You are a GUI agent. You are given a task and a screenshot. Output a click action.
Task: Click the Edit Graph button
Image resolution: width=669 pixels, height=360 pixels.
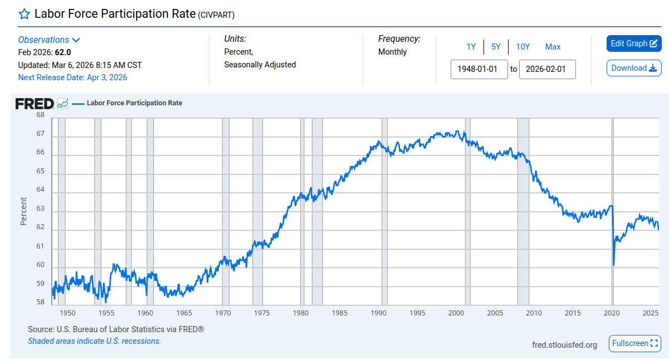[633, 43]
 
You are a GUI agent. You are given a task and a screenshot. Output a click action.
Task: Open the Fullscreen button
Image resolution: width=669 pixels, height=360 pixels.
[635, 343]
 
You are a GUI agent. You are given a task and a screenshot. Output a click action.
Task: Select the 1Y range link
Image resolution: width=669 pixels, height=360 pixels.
[471, 47]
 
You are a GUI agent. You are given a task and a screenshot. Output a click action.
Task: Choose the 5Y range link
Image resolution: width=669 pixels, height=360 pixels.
[496, 47]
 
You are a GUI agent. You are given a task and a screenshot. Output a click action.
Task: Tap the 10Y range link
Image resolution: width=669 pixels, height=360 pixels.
[522, 47]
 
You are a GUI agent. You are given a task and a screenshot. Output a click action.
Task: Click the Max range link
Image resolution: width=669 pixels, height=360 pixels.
[553, 47]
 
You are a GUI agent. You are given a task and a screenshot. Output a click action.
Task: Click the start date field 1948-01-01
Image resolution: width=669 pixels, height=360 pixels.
[478, 69]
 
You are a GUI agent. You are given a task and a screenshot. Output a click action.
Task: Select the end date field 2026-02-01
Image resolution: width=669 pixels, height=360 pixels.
[547, 69]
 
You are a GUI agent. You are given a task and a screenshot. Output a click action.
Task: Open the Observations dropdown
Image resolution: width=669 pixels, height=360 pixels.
[49, 40]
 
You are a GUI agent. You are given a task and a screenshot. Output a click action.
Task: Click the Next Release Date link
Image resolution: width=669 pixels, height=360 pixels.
[72, 77]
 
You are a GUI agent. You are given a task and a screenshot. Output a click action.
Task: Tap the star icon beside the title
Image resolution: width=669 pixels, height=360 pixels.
[24, 14]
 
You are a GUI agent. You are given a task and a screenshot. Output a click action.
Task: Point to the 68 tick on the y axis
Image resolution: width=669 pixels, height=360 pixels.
[40, 115]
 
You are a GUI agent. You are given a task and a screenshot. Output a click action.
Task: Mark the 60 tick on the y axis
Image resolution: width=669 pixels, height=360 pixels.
[40, 265]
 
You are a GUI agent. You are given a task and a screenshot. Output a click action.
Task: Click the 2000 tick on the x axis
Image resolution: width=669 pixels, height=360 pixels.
[456, 313]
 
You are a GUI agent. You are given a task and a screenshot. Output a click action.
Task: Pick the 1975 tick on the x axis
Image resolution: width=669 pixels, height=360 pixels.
[262, 313]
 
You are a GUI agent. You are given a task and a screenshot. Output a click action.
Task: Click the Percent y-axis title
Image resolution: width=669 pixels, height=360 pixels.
[23, 211]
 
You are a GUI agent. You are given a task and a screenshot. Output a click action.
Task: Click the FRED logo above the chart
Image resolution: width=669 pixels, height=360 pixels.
[35, 104]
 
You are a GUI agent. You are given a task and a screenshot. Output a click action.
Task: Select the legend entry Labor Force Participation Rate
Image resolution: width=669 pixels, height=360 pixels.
[134, 103]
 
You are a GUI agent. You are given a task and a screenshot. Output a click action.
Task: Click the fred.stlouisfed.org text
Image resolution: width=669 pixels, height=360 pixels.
[564, 345]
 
